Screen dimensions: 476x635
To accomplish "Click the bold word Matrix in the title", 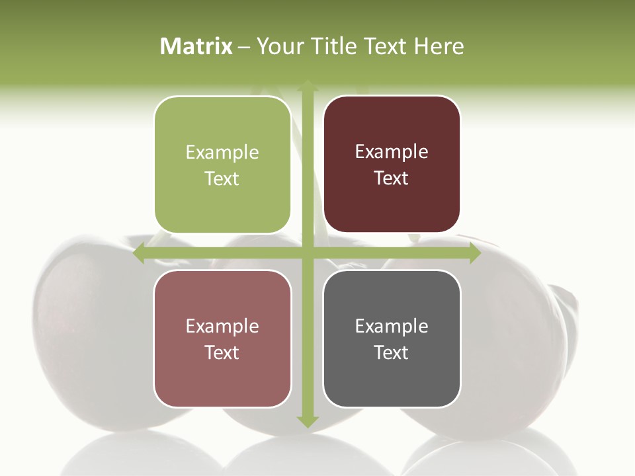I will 196,46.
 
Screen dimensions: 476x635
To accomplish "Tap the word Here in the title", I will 439,46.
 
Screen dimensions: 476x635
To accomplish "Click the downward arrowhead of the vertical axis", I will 308,422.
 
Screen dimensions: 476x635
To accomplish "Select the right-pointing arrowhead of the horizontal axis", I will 475,253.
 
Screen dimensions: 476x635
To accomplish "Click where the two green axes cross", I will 308,253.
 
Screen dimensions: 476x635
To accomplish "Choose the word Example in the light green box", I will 222,153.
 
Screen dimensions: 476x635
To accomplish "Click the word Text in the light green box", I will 222,179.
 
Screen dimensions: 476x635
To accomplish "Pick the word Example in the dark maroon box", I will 392,152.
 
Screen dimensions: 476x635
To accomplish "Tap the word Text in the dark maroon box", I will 392,178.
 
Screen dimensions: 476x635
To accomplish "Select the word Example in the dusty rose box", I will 222,327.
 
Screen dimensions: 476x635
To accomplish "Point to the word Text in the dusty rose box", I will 222,353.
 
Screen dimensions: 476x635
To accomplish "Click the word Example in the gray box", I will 392,327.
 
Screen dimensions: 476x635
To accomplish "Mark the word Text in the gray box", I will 392,353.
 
